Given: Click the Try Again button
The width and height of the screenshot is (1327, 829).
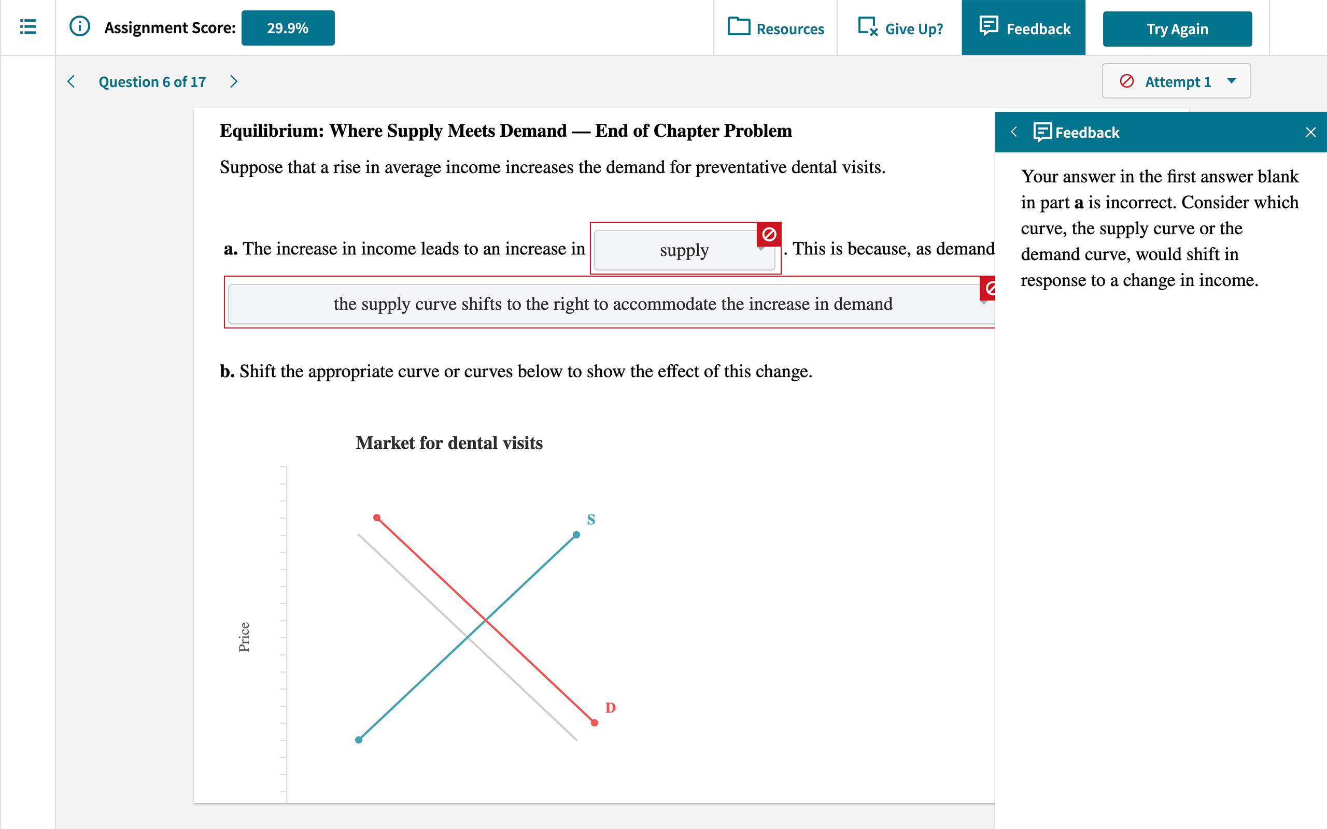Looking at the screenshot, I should (x=1177, y=29).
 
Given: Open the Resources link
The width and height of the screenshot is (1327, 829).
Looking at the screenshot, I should (x=776, y=28).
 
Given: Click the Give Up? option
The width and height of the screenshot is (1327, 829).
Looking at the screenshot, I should (x=900, y=28).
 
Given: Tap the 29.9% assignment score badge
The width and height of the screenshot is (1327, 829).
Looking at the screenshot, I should (x=288, y=28).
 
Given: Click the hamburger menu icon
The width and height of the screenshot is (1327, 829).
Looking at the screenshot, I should (x=28, y=27).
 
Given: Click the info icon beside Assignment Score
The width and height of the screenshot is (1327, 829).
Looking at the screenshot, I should (x=79, y=26).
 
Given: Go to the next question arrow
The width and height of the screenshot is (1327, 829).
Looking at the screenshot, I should (x=234, y=82).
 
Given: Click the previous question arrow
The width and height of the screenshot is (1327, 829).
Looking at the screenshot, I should (x=72, y=82).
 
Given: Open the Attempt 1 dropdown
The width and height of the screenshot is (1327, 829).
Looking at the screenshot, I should (x=1176, y=82).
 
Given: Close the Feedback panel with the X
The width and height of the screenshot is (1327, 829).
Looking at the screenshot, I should (x=1310, y=132).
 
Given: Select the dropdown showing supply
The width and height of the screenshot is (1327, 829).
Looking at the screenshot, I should (x=684, y=251).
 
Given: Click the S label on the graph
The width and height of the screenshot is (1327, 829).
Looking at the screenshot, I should (x=590, y=519).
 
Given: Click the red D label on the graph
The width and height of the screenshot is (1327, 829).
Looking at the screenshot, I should (x=610, y=708).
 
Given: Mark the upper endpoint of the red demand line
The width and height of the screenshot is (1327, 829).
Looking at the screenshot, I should (x=377, y=518).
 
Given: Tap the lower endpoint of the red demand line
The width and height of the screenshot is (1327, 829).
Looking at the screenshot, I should (x=595, y=723).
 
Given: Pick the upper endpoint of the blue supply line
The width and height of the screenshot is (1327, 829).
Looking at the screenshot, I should (x=576, y=535).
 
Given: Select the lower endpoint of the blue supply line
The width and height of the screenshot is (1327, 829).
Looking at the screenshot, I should (x=359, y=740).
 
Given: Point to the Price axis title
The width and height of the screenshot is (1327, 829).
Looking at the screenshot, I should (x=244, y=637).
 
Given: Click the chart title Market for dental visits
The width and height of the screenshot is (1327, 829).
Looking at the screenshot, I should (x=449, y=443).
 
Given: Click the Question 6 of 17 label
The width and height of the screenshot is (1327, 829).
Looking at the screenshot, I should (x=152, y=82).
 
